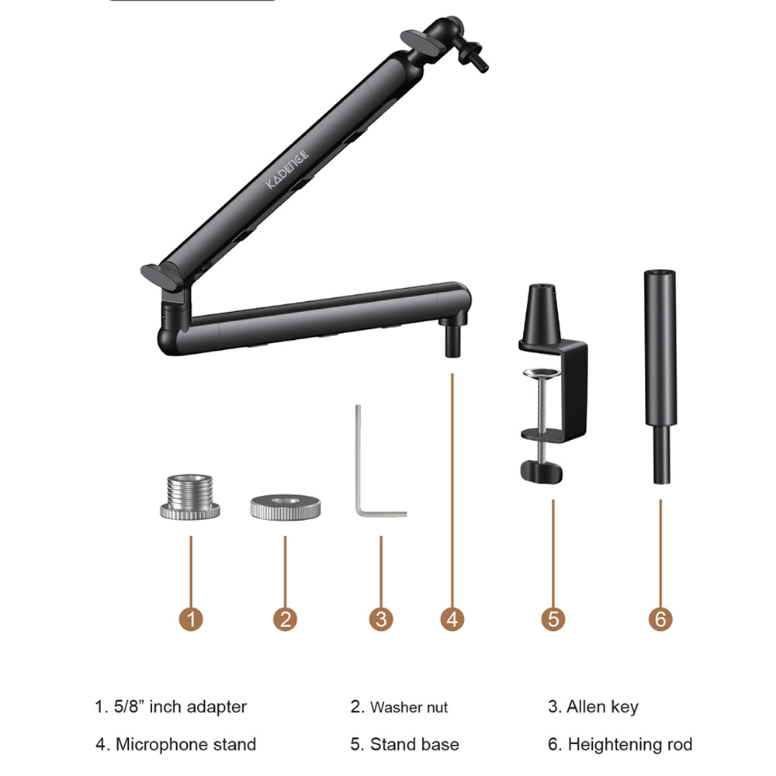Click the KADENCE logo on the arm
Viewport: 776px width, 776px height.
[288, 169]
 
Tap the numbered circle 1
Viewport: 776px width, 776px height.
[191, 619]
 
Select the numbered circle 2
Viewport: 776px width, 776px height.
[285, 619]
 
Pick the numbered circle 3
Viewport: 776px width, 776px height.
[381, 619]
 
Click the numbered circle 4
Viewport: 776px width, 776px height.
[452, 619]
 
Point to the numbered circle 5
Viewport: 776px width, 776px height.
[553, 619]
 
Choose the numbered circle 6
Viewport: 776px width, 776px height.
[660, 619]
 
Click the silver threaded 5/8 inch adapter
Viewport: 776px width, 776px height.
[190, 497]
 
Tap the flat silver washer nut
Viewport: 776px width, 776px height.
[285, 507]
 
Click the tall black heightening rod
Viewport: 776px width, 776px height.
[660, 376]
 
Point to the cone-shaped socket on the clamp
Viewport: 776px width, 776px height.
[542, 313]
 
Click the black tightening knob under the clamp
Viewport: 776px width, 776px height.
[542, 472]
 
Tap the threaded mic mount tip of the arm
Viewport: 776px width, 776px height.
[473, 54]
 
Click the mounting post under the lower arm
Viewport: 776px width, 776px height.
[453, 338]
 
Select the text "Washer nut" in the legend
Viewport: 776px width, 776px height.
[409, 707]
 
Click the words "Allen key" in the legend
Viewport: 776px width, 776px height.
[602, 707]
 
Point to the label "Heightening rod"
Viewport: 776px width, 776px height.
[630, 744]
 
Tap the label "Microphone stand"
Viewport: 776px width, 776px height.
[185, 744]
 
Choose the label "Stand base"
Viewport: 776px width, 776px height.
[414, 744]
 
